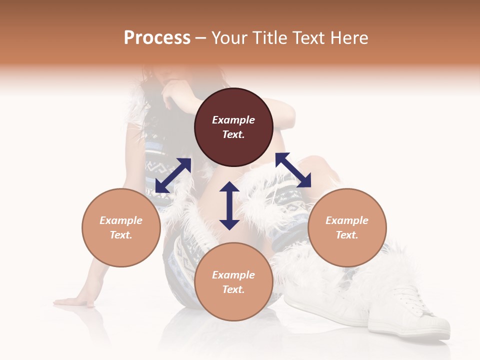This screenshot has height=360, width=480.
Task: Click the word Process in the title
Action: [x=157, y=38]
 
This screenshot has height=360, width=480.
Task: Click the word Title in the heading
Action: [x=270, y=38]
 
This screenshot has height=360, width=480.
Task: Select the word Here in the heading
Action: [x=348, y=38]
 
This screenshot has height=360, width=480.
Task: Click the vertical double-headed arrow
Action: [x=229, y=205]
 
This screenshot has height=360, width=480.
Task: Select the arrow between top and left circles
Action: [x=173, y=175]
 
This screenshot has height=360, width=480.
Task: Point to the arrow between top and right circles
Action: [x=293, y=170]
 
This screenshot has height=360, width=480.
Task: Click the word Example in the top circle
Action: [x=233, y=120]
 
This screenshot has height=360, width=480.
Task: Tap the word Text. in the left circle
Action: [x=121, y=235]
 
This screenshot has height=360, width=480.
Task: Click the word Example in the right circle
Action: [x=347, y=220]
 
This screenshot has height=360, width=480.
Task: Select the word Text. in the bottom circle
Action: [x=233, y=289]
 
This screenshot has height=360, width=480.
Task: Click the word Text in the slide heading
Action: [x=309, y=38]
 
